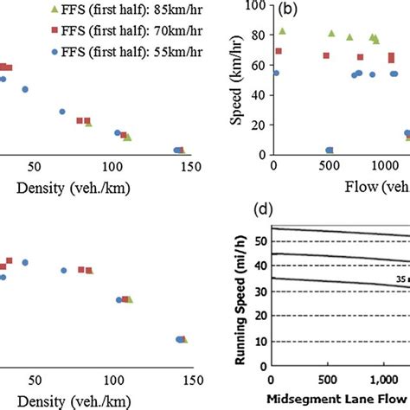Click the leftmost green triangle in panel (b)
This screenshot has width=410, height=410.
click(x=282, y=31)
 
